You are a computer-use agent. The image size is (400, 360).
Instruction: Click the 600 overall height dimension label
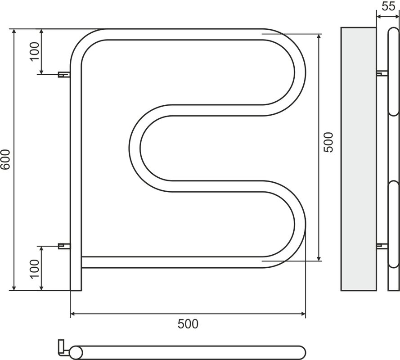click(x=5, y=159)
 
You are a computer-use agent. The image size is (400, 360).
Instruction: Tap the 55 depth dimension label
click(x=388, y=6)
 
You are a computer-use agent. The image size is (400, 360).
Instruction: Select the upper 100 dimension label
click(x=35, y=51)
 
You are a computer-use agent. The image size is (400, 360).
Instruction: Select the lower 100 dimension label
click(x=35, y=269)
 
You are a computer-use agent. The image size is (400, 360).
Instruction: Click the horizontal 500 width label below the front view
click(x=188, y=324)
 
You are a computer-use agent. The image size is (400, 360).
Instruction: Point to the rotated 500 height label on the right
click(x=328, y=142)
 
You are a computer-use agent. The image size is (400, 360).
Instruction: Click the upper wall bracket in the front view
click(x=64, y=75)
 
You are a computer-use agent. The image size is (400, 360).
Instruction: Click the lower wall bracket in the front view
click(x=64, y=246)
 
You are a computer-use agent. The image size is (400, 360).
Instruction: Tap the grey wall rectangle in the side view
click(x=359, y=159)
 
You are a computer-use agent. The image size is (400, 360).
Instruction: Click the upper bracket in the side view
click(x=382, y=73)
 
